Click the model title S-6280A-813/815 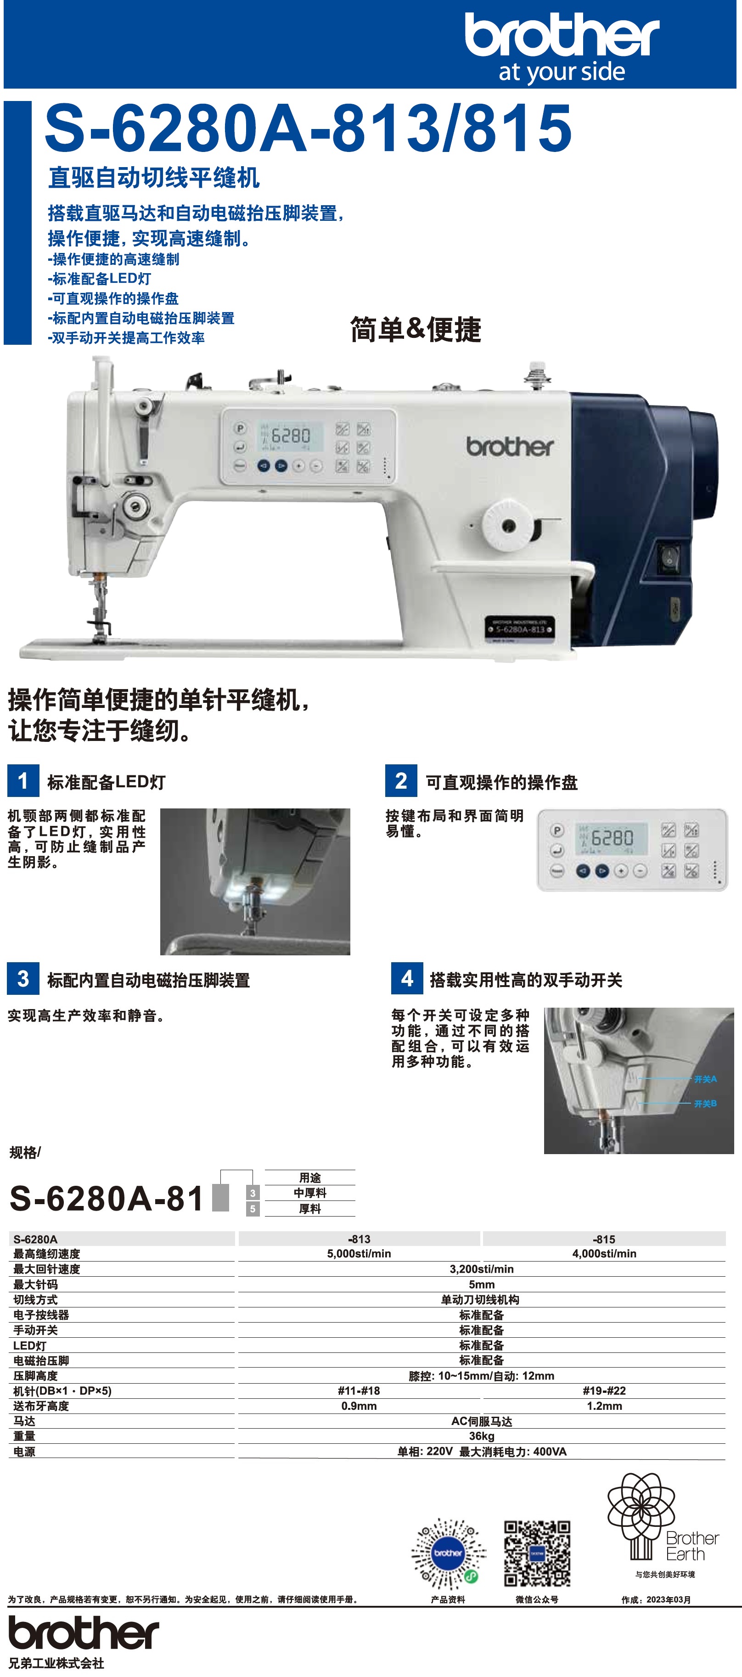pyautogui.click(x=308, y=128)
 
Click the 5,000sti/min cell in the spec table pyautogui.click(x=359, y=1254)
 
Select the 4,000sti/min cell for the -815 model pyautogui.click(x=604, y=1254)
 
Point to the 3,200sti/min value pyautogui.click(x=482, y=1269)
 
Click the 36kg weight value pyautogui.click(x=482, y=1436)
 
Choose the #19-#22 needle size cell pyautogui.click(x=604, y=1391)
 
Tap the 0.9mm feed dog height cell pyautogui.click(x=359, y=1406)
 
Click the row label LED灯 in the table pyautogui.click(x=30, y=1346)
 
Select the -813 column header pyautogui.click(x=359, y=1239)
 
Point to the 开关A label pyautogui.click(x=706, y=1079)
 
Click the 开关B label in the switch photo pyautogui.click(x=706, y=1104)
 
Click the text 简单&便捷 pyautogui.click(x=416, y=330)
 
